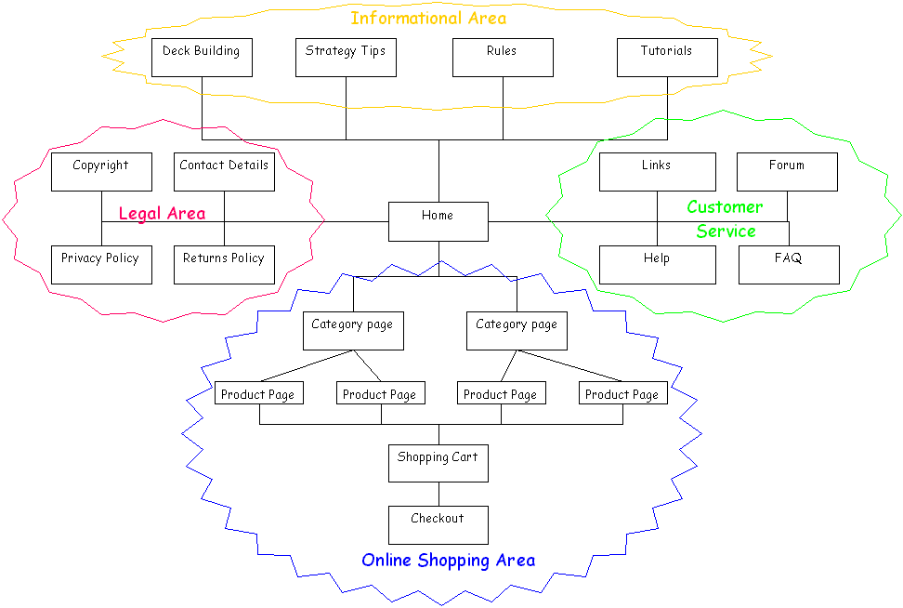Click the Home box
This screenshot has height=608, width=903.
(438, 221)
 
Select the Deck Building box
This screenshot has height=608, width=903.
(202, 57)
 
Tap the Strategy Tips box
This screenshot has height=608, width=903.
(346, 57)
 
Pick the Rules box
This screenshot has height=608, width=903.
(503, 57)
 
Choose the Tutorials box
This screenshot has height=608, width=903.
(667, 57)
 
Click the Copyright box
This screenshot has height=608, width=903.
(101, 172)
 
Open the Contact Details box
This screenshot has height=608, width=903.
(224, 172)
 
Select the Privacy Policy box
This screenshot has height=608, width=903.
(101, 265)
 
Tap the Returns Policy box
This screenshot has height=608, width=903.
(224, 265)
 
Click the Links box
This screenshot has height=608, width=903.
(657, 172)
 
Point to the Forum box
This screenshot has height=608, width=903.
(787, 172)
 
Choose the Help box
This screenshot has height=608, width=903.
(657, 265)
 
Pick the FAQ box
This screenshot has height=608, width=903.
(789, 265)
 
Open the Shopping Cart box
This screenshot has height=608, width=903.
(438, 463)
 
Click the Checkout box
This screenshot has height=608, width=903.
(438, 524)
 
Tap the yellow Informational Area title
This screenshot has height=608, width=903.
(428, 18)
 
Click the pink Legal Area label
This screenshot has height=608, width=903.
(162, 214)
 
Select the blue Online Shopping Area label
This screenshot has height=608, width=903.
(448, 560)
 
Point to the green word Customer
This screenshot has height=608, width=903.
(725, 206)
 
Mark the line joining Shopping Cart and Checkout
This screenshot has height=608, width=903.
(438, 494)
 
